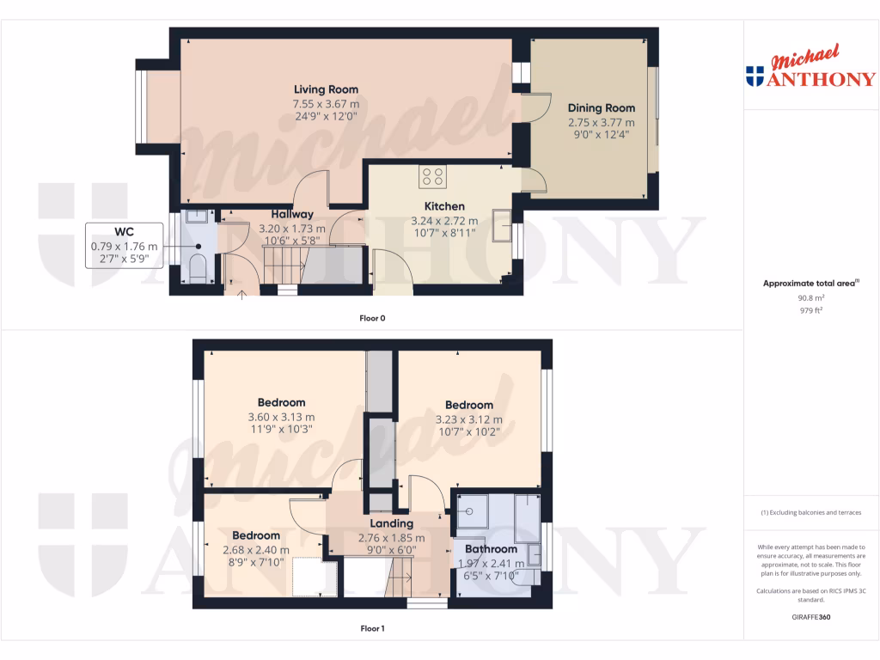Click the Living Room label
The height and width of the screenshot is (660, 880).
click(326, 89)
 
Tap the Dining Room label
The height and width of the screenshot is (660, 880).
click(601, 108)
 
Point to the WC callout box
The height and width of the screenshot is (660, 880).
click(125, 245)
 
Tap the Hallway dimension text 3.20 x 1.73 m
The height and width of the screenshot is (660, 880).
click(292, 229)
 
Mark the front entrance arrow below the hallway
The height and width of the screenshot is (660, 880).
click(241, 296)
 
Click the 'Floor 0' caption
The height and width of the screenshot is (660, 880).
click(372, 318)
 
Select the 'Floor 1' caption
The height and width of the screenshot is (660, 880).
click(372, 628)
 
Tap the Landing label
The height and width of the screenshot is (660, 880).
click(391, 523)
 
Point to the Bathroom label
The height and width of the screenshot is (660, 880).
click(491, 549)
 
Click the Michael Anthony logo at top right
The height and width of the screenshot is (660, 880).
click(810, 69)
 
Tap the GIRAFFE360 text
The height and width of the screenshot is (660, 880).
click(810, 616)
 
